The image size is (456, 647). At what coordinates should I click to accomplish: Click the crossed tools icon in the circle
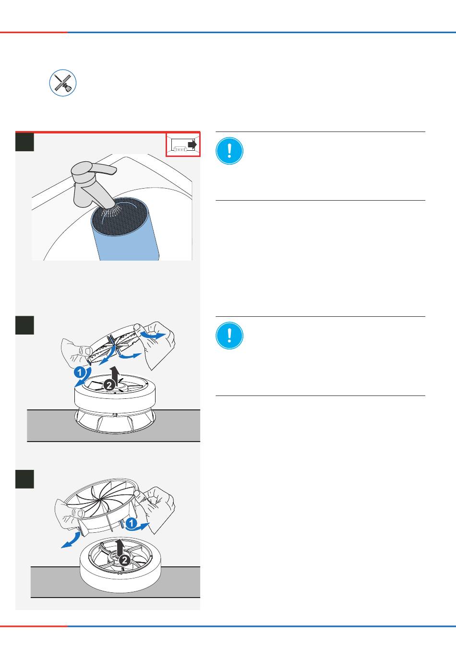pyautogui.click(x=63, y=83)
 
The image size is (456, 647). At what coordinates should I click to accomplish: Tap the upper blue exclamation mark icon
pyautogui.click(x=229, y=151)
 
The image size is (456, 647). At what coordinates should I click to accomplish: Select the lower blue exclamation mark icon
pyautogui.click(x=229, y=335)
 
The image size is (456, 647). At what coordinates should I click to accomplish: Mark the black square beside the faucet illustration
pyautogui.click(x=24, y=142)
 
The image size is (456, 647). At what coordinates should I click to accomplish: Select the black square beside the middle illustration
pyautogui.click(x=24, y=325)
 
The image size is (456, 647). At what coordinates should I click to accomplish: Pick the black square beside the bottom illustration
pyautogui.click(x=24, y=479)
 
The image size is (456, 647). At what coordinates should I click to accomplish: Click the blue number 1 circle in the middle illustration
pyautogui.click(x=79, y=372)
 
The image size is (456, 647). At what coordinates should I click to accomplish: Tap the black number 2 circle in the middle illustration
pyautogui.click(x=109, y=385)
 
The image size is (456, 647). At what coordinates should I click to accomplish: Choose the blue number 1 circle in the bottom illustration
pyautogui.click(x=132, y=523)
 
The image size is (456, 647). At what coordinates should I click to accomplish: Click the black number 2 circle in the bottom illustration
pyautogui.click(x=124, y=560)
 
